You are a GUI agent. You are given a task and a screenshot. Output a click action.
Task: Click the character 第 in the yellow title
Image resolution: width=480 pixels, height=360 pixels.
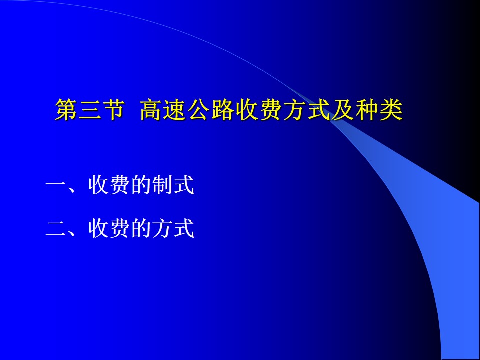[x=66, y=109]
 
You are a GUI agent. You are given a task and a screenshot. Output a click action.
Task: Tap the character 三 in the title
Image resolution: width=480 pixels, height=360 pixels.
[x=90, y=109]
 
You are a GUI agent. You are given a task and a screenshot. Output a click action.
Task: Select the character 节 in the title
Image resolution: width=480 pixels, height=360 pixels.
[x=113, y=109]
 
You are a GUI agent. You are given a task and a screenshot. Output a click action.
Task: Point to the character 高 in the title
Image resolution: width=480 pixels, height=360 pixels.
[x=151, y=109]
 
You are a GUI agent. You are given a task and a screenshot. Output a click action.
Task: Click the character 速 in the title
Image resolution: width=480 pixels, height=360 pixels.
[x=175, y=109]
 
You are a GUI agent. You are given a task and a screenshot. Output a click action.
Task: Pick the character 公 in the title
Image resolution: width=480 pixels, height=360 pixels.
[x=199, y=109]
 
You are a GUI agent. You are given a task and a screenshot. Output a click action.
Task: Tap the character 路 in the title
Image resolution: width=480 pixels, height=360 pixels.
[x=223, y=109]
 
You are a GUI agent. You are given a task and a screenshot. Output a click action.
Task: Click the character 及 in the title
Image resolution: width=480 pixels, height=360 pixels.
[x=343, y=109]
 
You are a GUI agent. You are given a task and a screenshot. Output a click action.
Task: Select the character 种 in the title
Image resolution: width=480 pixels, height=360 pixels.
[x=367, y=109]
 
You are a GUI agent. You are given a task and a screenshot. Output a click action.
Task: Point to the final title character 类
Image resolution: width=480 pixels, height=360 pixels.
[x=391, y=109]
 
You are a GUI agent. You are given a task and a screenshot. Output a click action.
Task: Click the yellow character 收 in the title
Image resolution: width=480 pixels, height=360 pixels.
[x=247, y=109]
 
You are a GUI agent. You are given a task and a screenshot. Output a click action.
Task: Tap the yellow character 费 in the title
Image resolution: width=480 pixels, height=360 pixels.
[x=271, y=109]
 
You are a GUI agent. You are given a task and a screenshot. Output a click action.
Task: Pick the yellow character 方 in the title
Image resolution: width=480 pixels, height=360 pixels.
[x=295, y=109]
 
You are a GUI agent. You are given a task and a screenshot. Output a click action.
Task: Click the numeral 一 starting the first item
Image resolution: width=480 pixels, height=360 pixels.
[x=56, y=184]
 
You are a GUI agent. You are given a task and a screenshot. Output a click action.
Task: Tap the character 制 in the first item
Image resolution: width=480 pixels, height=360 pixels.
[x=163, y=185]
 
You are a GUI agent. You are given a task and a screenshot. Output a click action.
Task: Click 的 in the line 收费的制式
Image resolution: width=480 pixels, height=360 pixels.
[x=141, y=185]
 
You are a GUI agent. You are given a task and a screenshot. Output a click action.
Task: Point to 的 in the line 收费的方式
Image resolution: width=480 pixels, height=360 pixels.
[x=141, y=228]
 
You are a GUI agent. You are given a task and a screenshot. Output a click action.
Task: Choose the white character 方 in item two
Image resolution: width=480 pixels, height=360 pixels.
[x=163, y=228]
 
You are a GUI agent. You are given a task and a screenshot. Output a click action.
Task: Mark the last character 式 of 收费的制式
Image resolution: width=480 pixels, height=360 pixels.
[x=184, y=185]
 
